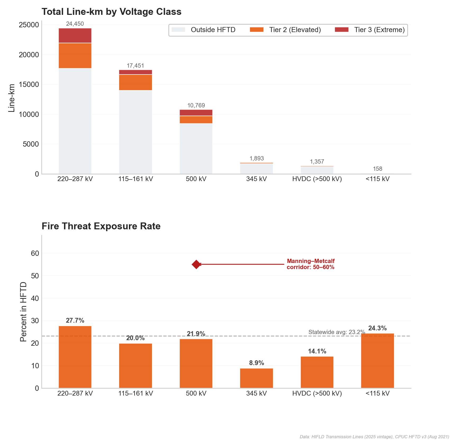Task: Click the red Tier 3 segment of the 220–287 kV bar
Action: (x=75, y=36)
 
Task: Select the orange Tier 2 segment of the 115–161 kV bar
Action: (x=135, y=82)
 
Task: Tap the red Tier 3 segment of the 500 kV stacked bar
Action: (x=196, y=113)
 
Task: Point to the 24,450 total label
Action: (x=75, y=24)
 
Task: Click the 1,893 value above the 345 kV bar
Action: (x=257, y=159)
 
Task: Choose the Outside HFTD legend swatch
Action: (x=178, y=30)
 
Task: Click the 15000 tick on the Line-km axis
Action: (x=29, y=85)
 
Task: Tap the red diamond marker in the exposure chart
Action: (x=196, y=264)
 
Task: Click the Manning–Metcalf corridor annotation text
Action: (x=311, y=264)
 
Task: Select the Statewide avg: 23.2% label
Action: (x=337, y=332)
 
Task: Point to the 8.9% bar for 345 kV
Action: (x=257, y=378)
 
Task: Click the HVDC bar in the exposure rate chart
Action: (x=317, y=372)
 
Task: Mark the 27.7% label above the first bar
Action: (x=75, y=321)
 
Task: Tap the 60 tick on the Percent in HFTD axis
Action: (x=35, y=253)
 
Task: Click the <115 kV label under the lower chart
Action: (x=377, y=393)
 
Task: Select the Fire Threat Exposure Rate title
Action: (x=101, y=226)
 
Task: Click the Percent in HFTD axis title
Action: (x=23, y=312)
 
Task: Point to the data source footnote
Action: (x=374, y=437)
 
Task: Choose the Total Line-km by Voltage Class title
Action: (x=111, y=12)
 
